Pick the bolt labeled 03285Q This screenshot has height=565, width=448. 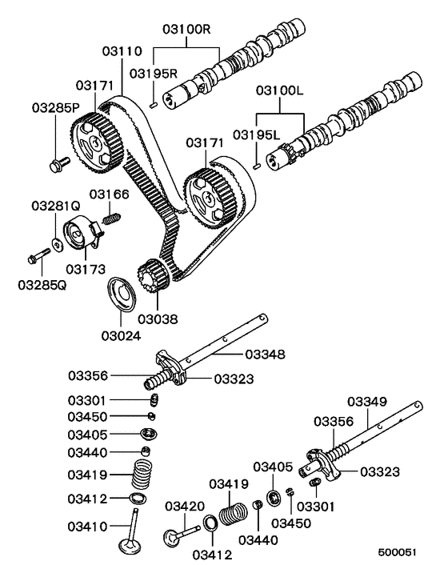(37, 257)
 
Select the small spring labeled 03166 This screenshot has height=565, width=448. (112, 216)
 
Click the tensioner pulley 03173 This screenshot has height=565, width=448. (79, 233)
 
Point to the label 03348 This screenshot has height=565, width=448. (265, 354)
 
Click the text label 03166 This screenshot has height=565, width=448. (109, 194)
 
